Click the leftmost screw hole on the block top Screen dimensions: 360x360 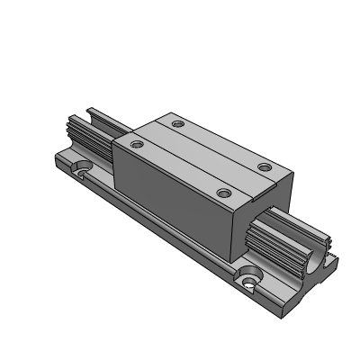coord(137,142)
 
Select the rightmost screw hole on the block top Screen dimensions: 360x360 coord(264,166)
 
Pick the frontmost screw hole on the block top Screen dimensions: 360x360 coord(223,192)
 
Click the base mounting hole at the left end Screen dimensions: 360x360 coord(83,166)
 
